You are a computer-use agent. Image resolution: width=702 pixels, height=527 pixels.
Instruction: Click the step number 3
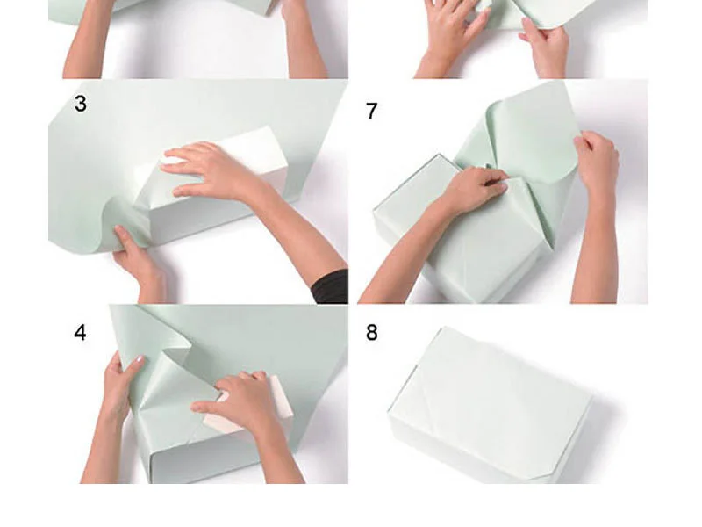tap(81, 104)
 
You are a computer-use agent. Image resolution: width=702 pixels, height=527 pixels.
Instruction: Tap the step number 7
tap(371, 111)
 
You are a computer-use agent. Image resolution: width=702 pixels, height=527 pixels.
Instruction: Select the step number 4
tap(80, 333)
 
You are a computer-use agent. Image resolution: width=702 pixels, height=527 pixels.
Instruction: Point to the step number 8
tap(371, 333)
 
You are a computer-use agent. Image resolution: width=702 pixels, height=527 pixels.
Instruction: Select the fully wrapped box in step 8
tap(491, 406)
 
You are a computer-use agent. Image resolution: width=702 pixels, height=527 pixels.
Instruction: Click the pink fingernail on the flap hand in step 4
tap(140, 359)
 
